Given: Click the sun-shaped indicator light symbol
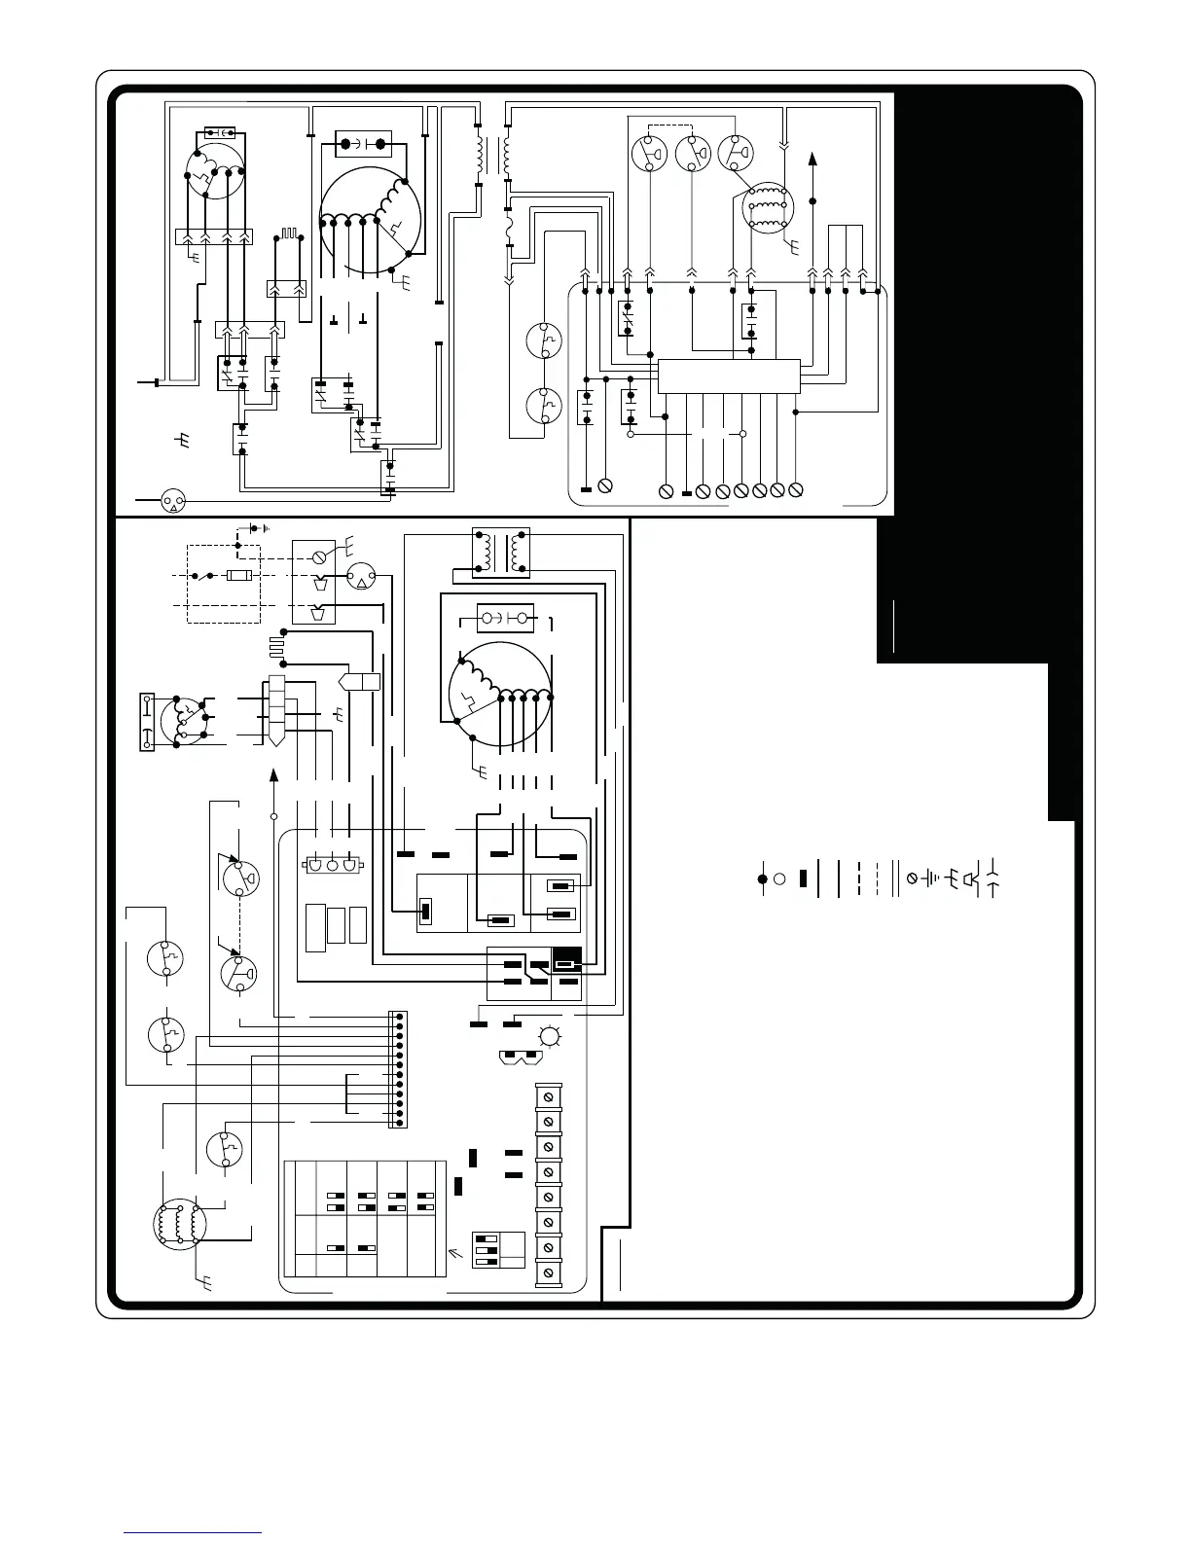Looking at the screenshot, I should pos(550,1037).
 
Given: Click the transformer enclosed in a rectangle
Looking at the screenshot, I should pos(500,552).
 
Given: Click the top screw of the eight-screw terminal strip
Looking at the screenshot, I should pos(548,1096).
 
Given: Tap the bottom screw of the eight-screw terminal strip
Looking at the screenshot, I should pos(548,1272).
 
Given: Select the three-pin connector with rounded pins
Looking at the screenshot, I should pos(333,864).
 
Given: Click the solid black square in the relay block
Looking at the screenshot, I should pos(566,959).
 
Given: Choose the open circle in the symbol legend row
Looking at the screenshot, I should pos(779,879).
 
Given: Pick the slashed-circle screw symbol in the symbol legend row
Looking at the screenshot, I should pos(911,878).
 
